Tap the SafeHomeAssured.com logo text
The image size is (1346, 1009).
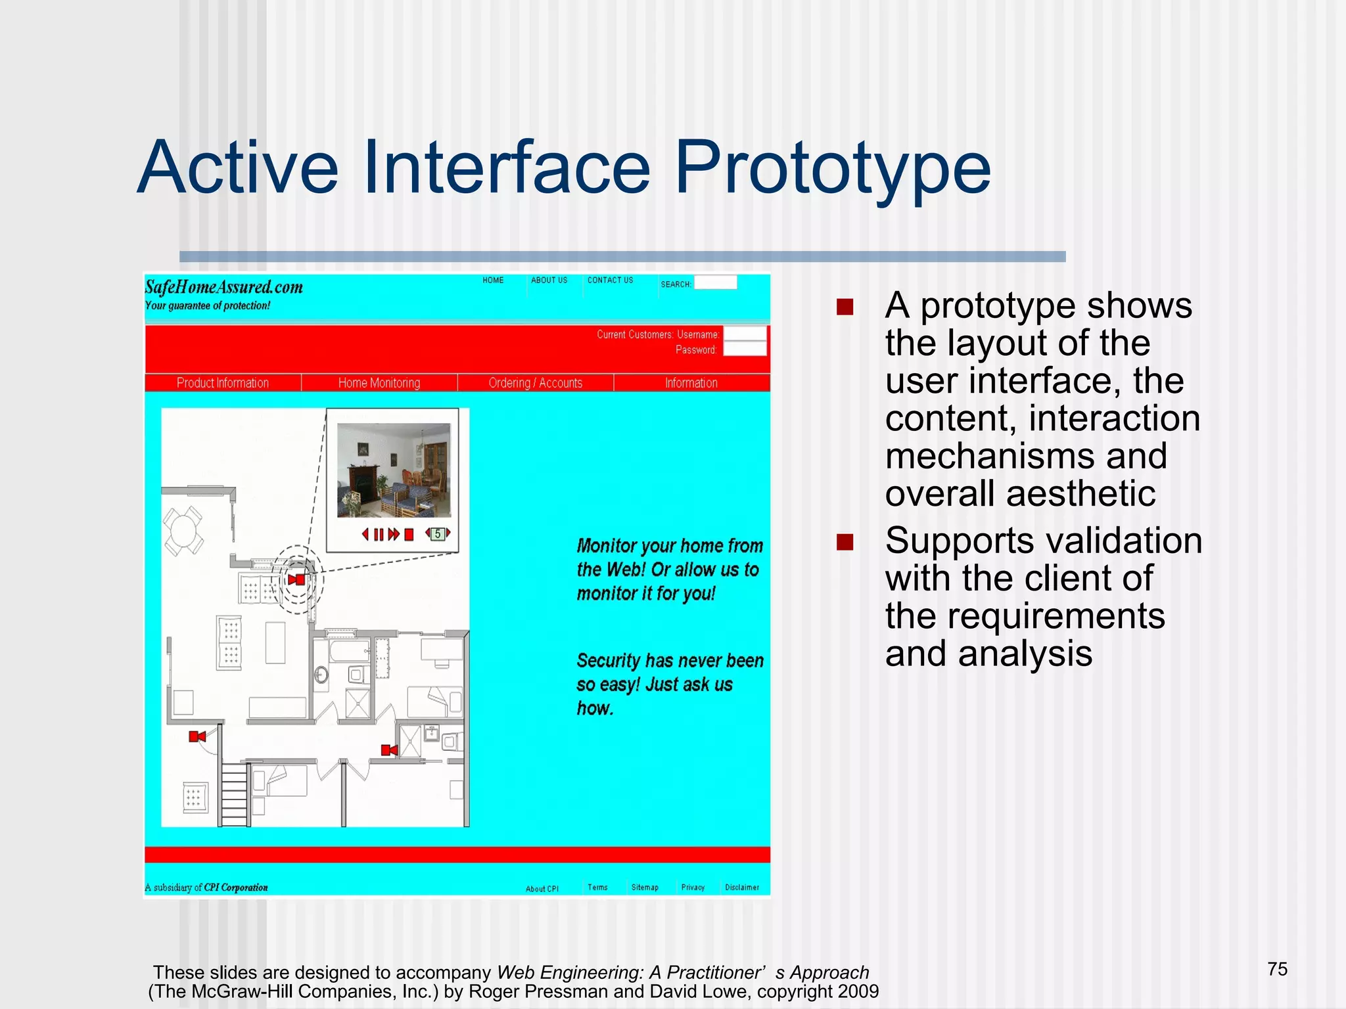pos(223,287)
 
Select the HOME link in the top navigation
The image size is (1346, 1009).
pos(493,280)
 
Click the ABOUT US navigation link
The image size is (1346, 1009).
pos(549,280)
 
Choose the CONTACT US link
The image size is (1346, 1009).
pos(610,280)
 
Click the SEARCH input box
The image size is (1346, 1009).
pos(715,283)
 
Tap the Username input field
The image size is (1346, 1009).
pos(745,334)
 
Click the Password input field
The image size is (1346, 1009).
pos(745,349)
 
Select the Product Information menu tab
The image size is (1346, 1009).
pos(223,383)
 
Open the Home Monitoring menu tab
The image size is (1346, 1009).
pos(379,383)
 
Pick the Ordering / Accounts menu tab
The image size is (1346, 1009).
pos(536,383)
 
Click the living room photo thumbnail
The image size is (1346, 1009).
pos(394,470)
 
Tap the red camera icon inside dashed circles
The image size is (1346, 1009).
pos(296,579)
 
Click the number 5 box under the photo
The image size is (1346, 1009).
pos(438,534)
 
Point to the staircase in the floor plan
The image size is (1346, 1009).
pos(234,795)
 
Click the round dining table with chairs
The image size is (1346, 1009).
pos(183,531)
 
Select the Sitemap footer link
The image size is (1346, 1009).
pos(645,887)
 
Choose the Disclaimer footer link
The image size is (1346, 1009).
pos(742,887)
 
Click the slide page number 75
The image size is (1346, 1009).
pos(1277,969)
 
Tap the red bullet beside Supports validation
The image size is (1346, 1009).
pos(845,542)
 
